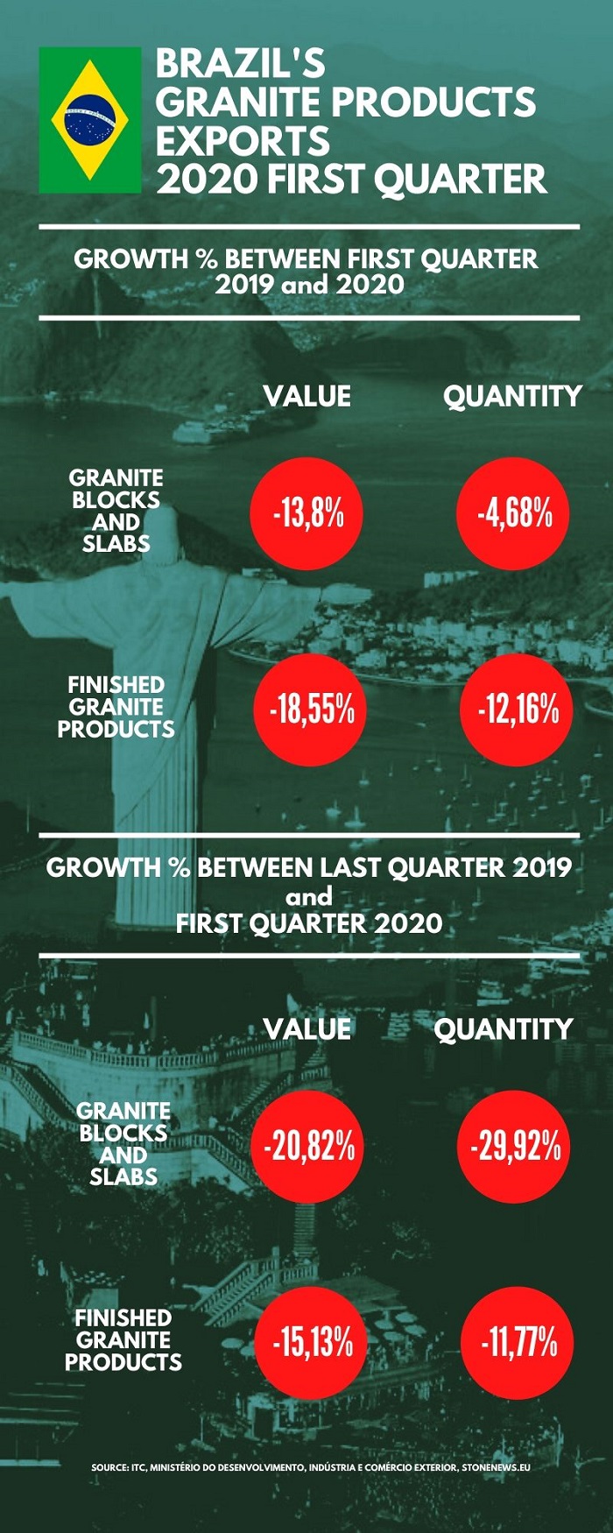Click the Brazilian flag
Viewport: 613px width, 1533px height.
click(x=90, y=119)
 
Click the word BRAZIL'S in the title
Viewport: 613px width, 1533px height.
click(x=241, y=63)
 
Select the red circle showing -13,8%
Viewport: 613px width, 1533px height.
click(x=306, y=513)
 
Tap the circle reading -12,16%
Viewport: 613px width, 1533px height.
click(x=518, y=710)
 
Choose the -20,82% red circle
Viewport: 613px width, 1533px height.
click(x=307, y=1146)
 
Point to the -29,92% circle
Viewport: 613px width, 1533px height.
click(x=514, y=1146)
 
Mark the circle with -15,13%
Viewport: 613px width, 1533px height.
click(x=313, y=1342)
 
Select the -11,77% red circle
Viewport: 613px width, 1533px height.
click(x=518, y=1342)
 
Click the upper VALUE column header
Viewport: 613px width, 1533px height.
click(x=307, y=396)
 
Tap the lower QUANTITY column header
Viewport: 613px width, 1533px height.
click(x=504, y=1029)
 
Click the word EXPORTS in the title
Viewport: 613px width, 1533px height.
click(x=243, y=141)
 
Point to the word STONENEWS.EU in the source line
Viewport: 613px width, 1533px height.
click(x=496, y=1466)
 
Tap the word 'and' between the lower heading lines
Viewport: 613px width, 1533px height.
click(x=308, y=896)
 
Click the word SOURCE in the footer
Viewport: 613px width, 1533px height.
click(x=109, y=1466)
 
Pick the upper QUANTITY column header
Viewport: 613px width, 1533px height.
click(x=512, y=397)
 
